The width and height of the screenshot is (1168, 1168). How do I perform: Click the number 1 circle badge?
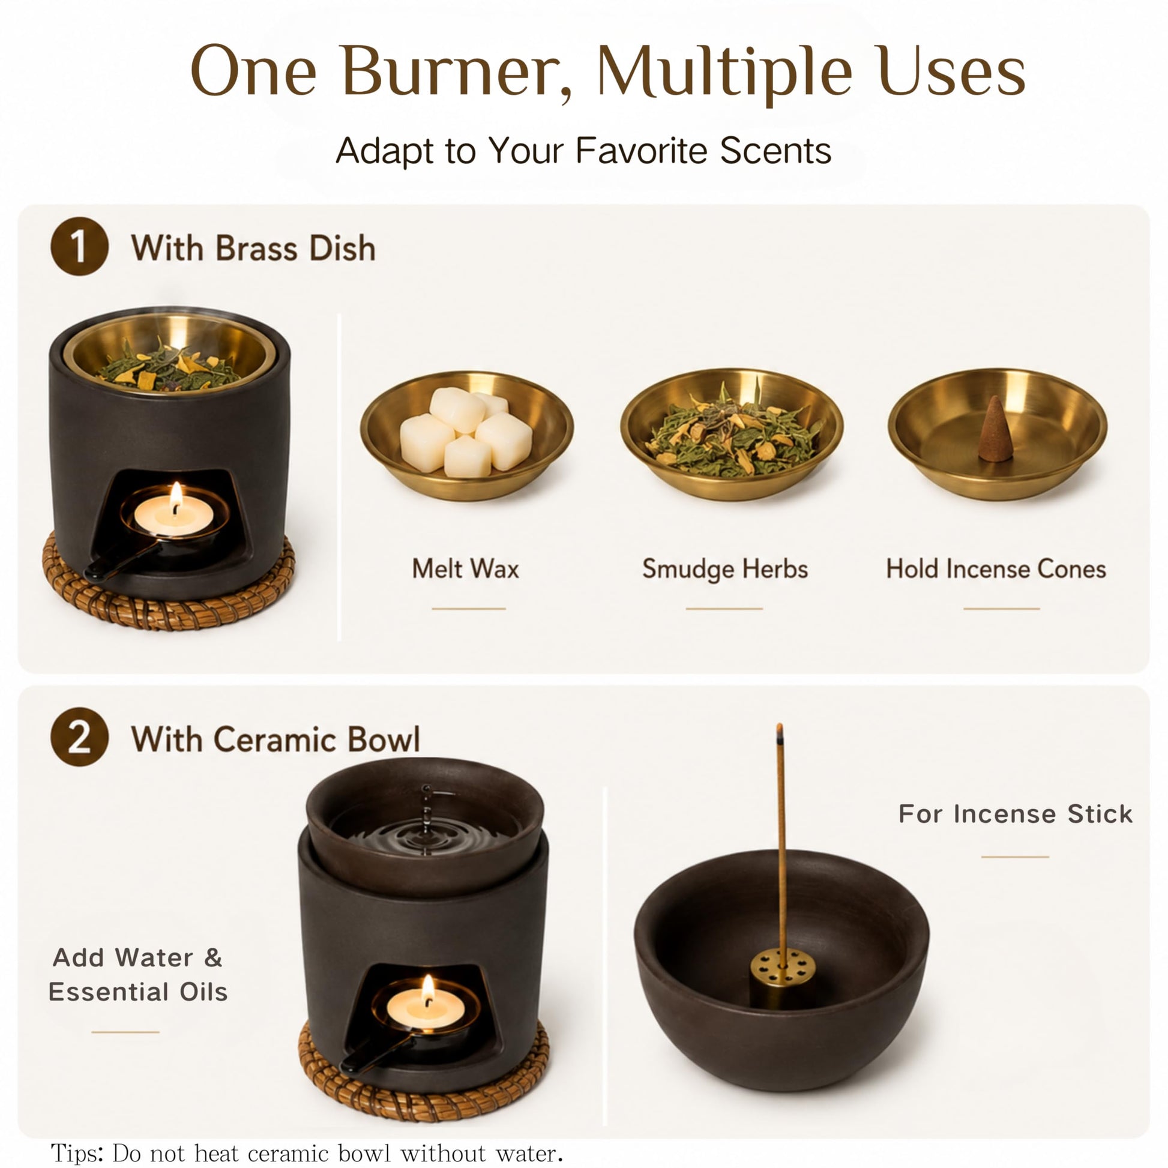click(79, 247)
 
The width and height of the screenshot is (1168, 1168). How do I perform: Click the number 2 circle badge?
click(79, 738)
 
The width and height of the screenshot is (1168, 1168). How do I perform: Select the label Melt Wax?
click(466, 569)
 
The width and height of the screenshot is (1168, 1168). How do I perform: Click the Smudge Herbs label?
click(725, 569)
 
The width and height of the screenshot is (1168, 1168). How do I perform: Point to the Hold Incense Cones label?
click(996, 569)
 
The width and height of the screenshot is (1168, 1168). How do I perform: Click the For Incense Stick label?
click(1015, 814)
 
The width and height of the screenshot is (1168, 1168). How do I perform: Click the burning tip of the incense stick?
click(780, 732)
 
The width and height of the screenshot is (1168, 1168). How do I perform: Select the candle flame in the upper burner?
click(176, 496)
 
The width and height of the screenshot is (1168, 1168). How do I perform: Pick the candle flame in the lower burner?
click(428, 988)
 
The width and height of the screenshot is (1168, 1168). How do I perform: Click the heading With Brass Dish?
click(253, 248)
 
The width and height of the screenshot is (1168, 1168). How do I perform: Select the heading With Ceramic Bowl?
click(275, 739)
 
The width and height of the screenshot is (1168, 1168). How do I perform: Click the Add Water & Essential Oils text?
click(138, 975)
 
